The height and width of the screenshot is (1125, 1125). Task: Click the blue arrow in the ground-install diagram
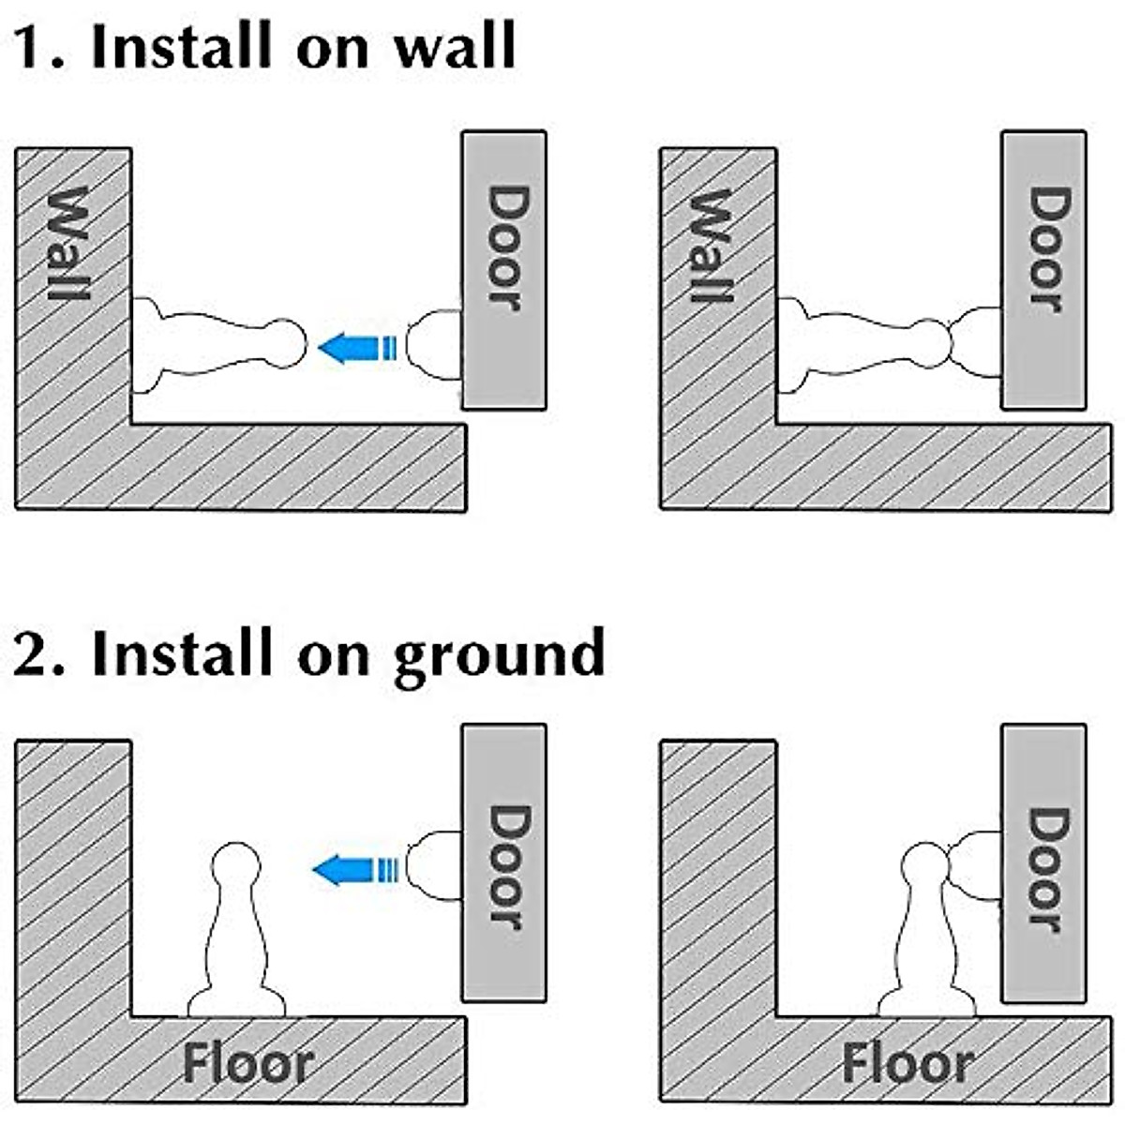pyautogui.click(x=354, y=870)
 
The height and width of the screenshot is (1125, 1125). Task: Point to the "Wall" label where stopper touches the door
pyautogui.click(x=712, y=246)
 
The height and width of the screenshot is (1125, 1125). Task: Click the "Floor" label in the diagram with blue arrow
pyautogui.click(x=247, y=1064)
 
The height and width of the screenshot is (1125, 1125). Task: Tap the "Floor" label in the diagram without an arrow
pyautogui.click(x=907, y=1064)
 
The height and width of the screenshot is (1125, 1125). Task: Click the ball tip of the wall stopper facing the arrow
pyautogui.click(x=284, y=344)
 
